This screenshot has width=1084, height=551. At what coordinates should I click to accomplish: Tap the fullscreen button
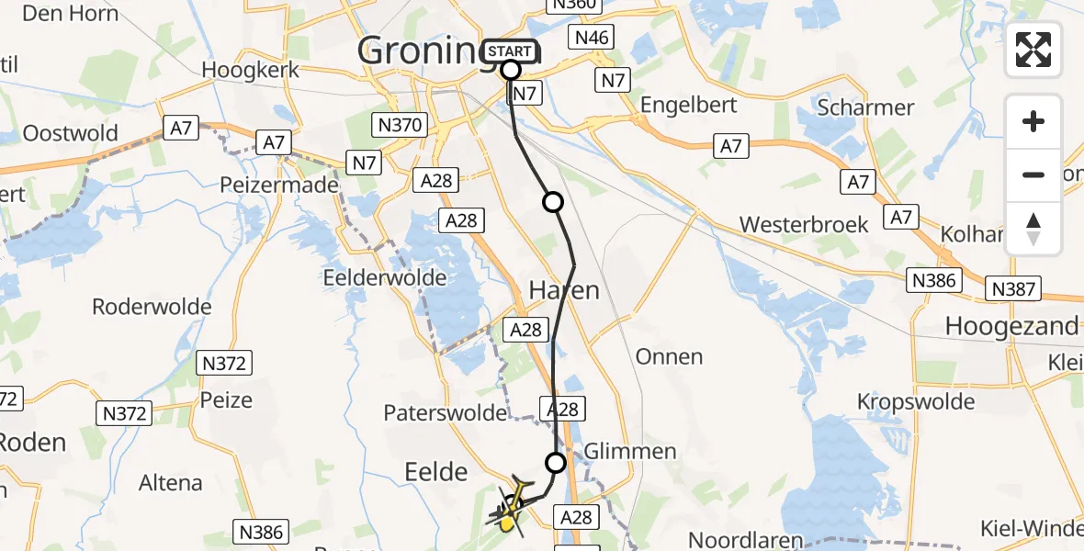click(1033, 50)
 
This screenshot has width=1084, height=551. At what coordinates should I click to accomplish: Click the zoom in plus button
click(1033, 121)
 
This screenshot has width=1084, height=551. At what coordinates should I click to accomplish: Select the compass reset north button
click(1033, 229)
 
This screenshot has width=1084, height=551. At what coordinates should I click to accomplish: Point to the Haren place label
click(564, 291)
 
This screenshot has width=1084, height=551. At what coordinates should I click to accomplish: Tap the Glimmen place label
click(631, 451)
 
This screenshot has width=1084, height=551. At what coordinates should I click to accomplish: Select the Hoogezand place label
click(1011, 326)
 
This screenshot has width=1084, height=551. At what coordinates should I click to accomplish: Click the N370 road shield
click(398, 125)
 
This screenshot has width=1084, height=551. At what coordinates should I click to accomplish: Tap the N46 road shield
click(591, 38)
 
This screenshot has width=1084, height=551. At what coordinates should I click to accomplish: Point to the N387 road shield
click(1014, 289)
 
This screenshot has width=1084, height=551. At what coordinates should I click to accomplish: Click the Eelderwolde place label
click(385, 276)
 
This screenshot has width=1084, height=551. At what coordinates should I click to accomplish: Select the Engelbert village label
click(688, 104)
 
